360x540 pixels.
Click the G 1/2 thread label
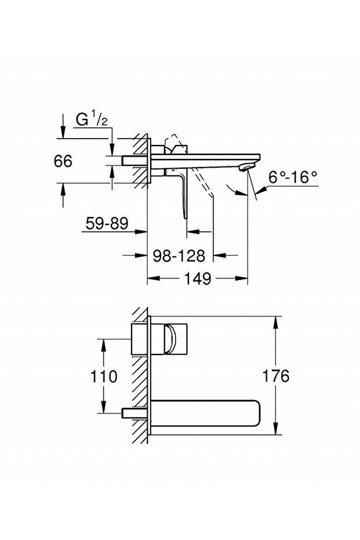tap(92, 120)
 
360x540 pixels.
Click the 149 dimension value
tap(198, 279)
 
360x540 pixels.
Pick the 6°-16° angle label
tap(293, 177)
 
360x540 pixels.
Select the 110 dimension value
tap(104, 376)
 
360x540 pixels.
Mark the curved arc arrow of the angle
tap(232, 191)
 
